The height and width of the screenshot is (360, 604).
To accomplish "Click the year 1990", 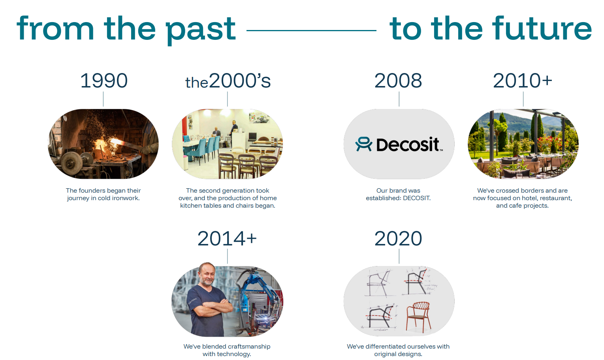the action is (104, 81).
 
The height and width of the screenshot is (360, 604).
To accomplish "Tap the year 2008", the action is (398, 81).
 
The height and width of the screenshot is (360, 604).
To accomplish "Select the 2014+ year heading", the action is (227, 238).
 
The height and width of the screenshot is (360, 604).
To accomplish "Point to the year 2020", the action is (398, 238).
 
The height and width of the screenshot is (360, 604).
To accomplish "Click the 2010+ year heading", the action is (523, 81).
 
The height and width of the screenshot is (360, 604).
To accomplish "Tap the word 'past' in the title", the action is (201, 30).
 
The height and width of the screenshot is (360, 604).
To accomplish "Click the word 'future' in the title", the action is (542, 28).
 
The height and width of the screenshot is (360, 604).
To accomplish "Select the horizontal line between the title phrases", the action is (311, 30).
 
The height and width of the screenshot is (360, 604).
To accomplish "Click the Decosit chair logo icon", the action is (364, 144).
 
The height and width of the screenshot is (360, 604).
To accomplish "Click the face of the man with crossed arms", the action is (207, 274).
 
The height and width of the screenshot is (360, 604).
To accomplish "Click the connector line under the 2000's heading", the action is (227, 99).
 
